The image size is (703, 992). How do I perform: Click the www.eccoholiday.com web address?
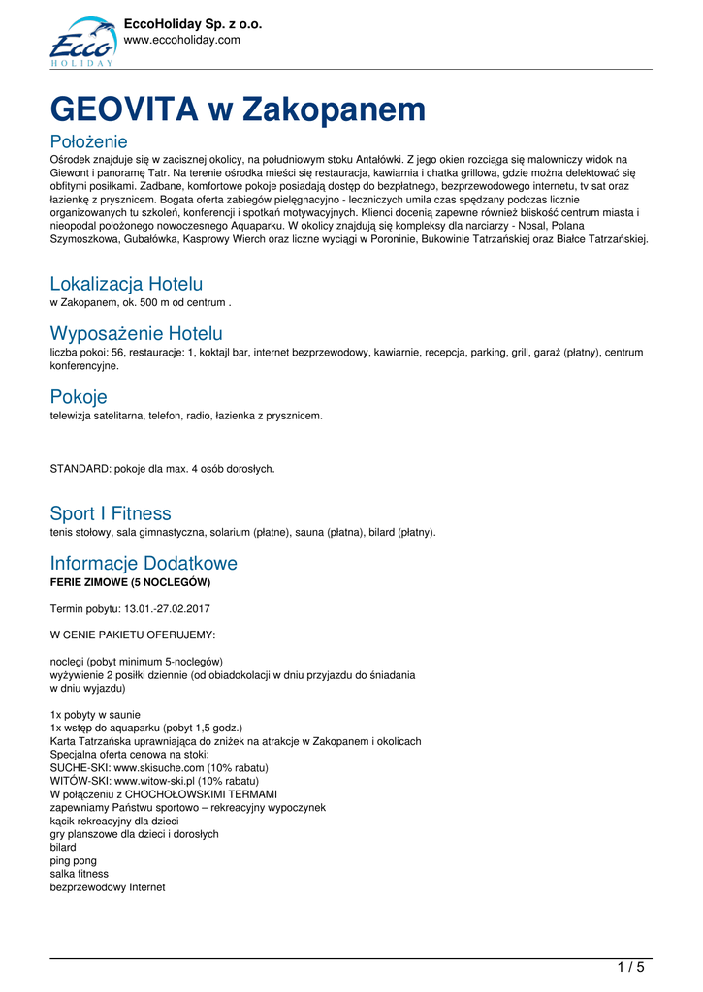click(182, 40)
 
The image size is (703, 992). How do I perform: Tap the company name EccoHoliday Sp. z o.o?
click(194, 24)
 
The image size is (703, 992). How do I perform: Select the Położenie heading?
click(88, 142)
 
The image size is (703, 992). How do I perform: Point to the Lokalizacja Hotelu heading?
click(126, 284)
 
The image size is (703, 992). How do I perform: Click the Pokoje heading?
click(79, 397)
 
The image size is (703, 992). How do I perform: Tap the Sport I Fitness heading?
click(110, 513)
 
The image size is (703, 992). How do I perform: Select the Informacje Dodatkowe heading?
click(144, 563)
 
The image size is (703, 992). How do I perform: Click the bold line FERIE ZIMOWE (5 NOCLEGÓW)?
click(130, 582)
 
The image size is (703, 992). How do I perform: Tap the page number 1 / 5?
click(630, 966)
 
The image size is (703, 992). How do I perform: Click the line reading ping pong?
click(74, 860)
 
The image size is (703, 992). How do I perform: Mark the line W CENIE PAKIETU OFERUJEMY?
click(133, 635)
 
